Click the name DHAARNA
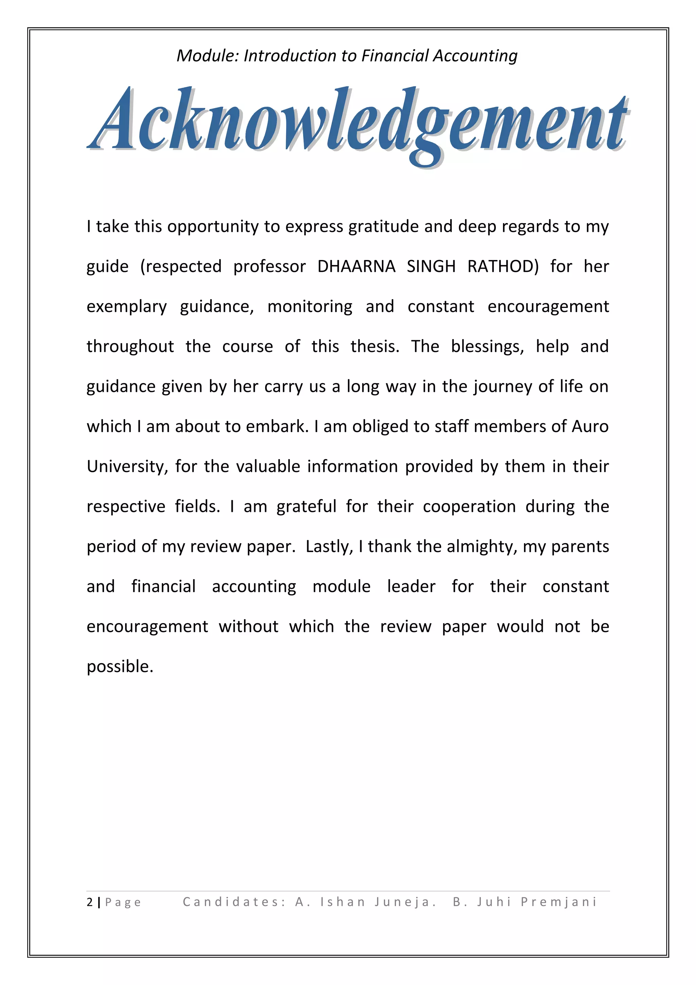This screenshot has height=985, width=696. pos(356,266)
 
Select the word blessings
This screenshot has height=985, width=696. pos(487,347)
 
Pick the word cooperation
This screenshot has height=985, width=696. pos(469,507)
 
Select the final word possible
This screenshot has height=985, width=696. pos(120,667)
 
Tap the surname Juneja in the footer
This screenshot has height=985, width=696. pos(404,902)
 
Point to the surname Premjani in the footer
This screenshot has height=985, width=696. pos(559,902)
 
